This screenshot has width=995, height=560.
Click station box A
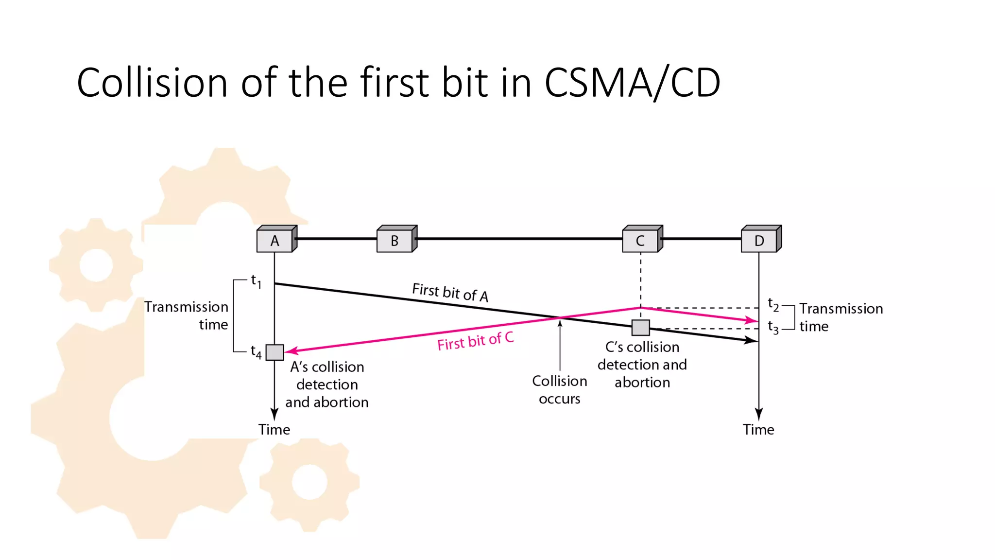coord(275,240)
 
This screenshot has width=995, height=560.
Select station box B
coord(395,240)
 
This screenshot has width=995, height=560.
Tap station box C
coord(641,240)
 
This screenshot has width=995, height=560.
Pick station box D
coord(759,240)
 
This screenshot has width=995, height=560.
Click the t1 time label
coord(256,281)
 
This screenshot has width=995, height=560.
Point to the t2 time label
coord(773,305)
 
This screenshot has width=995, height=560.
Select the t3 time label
coord(773,327)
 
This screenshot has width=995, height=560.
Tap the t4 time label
coord(256,351)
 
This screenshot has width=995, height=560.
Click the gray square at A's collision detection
coord(275,352)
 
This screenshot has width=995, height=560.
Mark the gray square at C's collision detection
coord(641,328)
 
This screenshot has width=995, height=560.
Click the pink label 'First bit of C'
coord(475,341)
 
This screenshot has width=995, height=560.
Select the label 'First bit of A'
coord(450,292)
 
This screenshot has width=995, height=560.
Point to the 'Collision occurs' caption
coord(560,390)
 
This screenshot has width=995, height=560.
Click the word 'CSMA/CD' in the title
coord(632,83)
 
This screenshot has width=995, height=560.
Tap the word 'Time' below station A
coord(274,430)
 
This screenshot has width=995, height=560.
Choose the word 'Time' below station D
coord(758,430)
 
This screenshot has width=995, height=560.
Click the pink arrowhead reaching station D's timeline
coord(752,320)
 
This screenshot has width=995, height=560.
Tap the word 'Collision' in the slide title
coord(152,83)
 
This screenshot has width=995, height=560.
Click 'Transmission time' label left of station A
coord(187,315)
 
